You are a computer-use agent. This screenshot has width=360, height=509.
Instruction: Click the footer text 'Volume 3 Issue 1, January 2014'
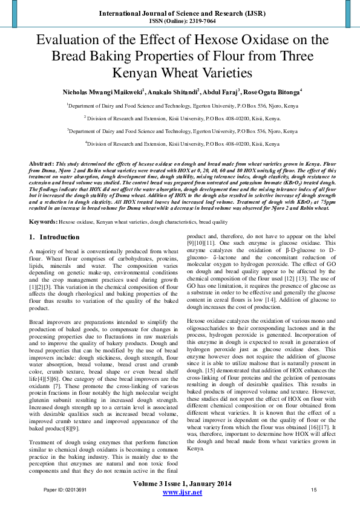pos(182,484)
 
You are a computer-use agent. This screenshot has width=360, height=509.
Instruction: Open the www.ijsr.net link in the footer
pos(182,493)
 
